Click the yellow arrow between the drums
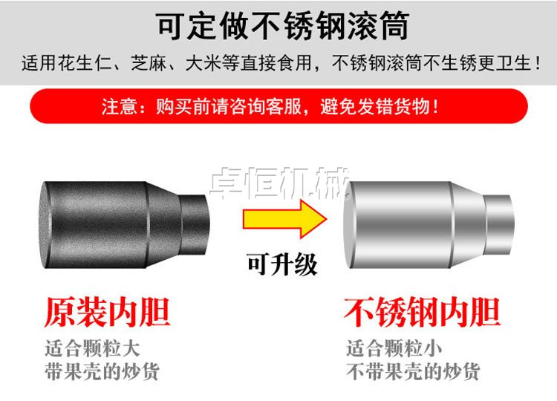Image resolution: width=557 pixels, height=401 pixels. [284, 219]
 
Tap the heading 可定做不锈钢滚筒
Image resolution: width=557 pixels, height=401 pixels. [283, 26]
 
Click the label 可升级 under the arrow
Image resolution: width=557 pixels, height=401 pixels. [282, 264]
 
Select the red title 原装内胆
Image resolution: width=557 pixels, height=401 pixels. [108, 313]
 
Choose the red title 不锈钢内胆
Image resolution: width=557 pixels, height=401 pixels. [423, 313]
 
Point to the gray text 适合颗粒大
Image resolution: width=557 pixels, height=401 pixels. [92, 348]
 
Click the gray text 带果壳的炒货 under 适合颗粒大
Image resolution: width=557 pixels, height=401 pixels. [102, 371]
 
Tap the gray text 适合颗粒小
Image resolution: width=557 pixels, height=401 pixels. [394, 348]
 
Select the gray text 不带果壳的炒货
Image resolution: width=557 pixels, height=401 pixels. [413, 371]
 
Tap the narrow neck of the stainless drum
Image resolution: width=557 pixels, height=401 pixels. [500, 224]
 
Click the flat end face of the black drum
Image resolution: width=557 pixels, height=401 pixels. [45, 225]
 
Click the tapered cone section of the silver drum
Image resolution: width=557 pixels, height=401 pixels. [468, 224]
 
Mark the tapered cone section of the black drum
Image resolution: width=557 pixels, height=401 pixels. [163, 224]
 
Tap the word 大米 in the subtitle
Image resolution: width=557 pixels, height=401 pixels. [203, 63]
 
